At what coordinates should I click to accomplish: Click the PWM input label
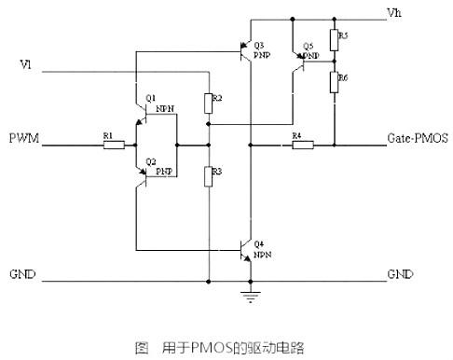pyautogui.click(x=23, y=138)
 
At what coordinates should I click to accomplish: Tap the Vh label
pyautogui.click(x=393, y=12)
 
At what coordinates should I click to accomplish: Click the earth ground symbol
pyautogui.click(x=249, y=296)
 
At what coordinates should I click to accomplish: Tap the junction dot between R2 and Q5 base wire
pyautogui.click(x=209, y=123)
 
